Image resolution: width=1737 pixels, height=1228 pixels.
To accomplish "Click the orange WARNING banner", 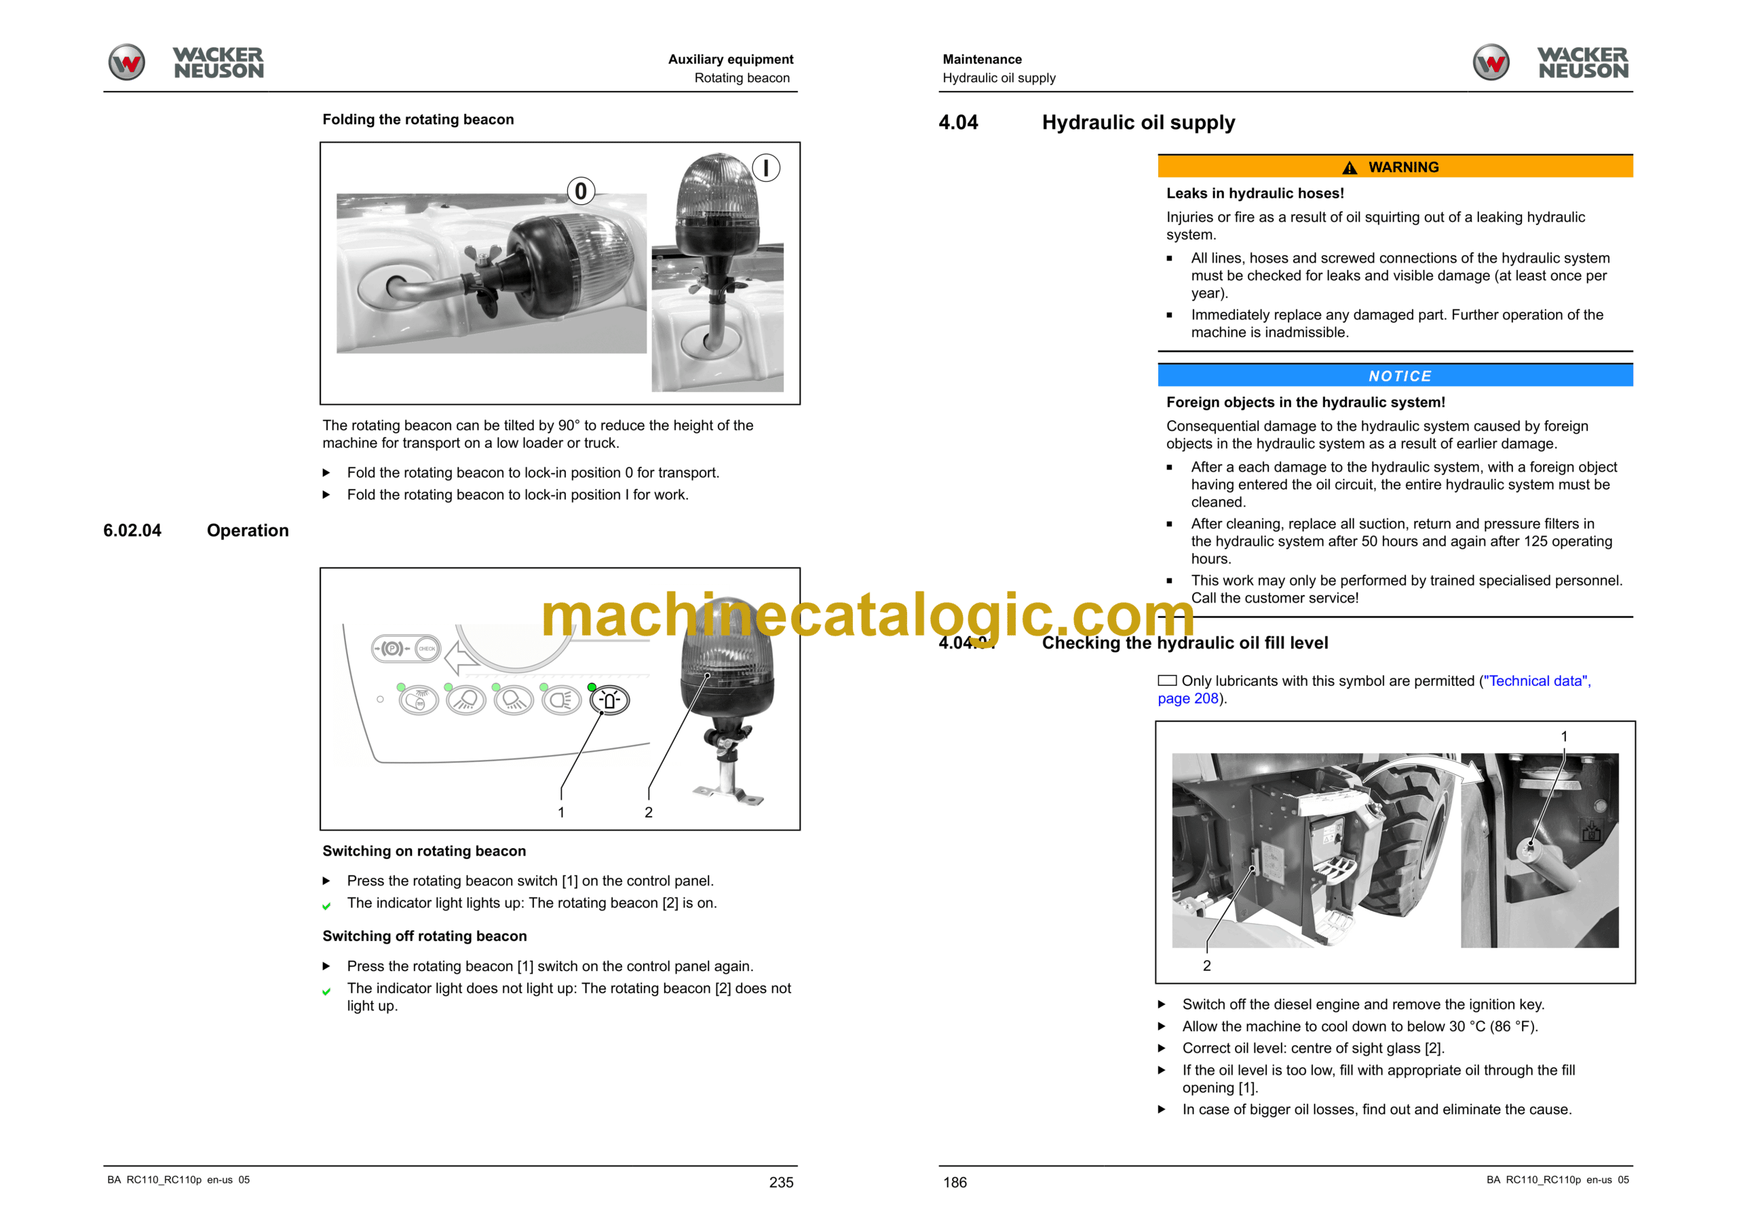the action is [x=1394, y=166].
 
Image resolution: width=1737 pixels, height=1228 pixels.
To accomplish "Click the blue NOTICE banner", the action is [x=1394, y=375].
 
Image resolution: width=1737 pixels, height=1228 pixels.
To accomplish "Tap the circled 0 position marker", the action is [x=580, y=191].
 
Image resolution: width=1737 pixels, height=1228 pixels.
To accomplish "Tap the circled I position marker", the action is [x=765, y=167].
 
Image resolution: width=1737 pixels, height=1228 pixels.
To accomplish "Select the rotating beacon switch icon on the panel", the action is [x=609, y=701].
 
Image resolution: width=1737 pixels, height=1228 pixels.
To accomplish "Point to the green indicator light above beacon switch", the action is [x=592, y=687].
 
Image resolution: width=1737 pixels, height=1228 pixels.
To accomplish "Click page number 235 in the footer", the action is [x=781, y=1182].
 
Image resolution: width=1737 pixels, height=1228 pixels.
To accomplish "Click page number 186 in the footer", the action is [x=955, y=1182].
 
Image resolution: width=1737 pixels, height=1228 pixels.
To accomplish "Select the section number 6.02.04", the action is [x=132, y=531].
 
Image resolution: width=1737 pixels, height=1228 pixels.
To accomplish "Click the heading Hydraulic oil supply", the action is [x=1138, y=123].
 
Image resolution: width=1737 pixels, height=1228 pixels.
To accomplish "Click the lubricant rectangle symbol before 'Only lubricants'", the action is [x=1167, y=680].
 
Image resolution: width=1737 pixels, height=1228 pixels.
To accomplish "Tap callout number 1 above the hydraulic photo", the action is [x=1564, y=736].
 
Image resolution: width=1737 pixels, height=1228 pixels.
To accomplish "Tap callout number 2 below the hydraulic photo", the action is [x=1206, y=965].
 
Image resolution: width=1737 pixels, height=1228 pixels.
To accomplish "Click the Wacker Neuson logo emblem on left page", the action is [x=126, y=62].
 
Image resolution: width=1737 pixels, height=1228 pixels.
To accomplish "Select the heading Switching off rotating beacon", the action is [x=425, y=936].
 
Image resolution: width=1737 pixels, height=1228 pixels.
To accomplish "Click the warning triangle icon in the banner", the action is [x=1350, y=167].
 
